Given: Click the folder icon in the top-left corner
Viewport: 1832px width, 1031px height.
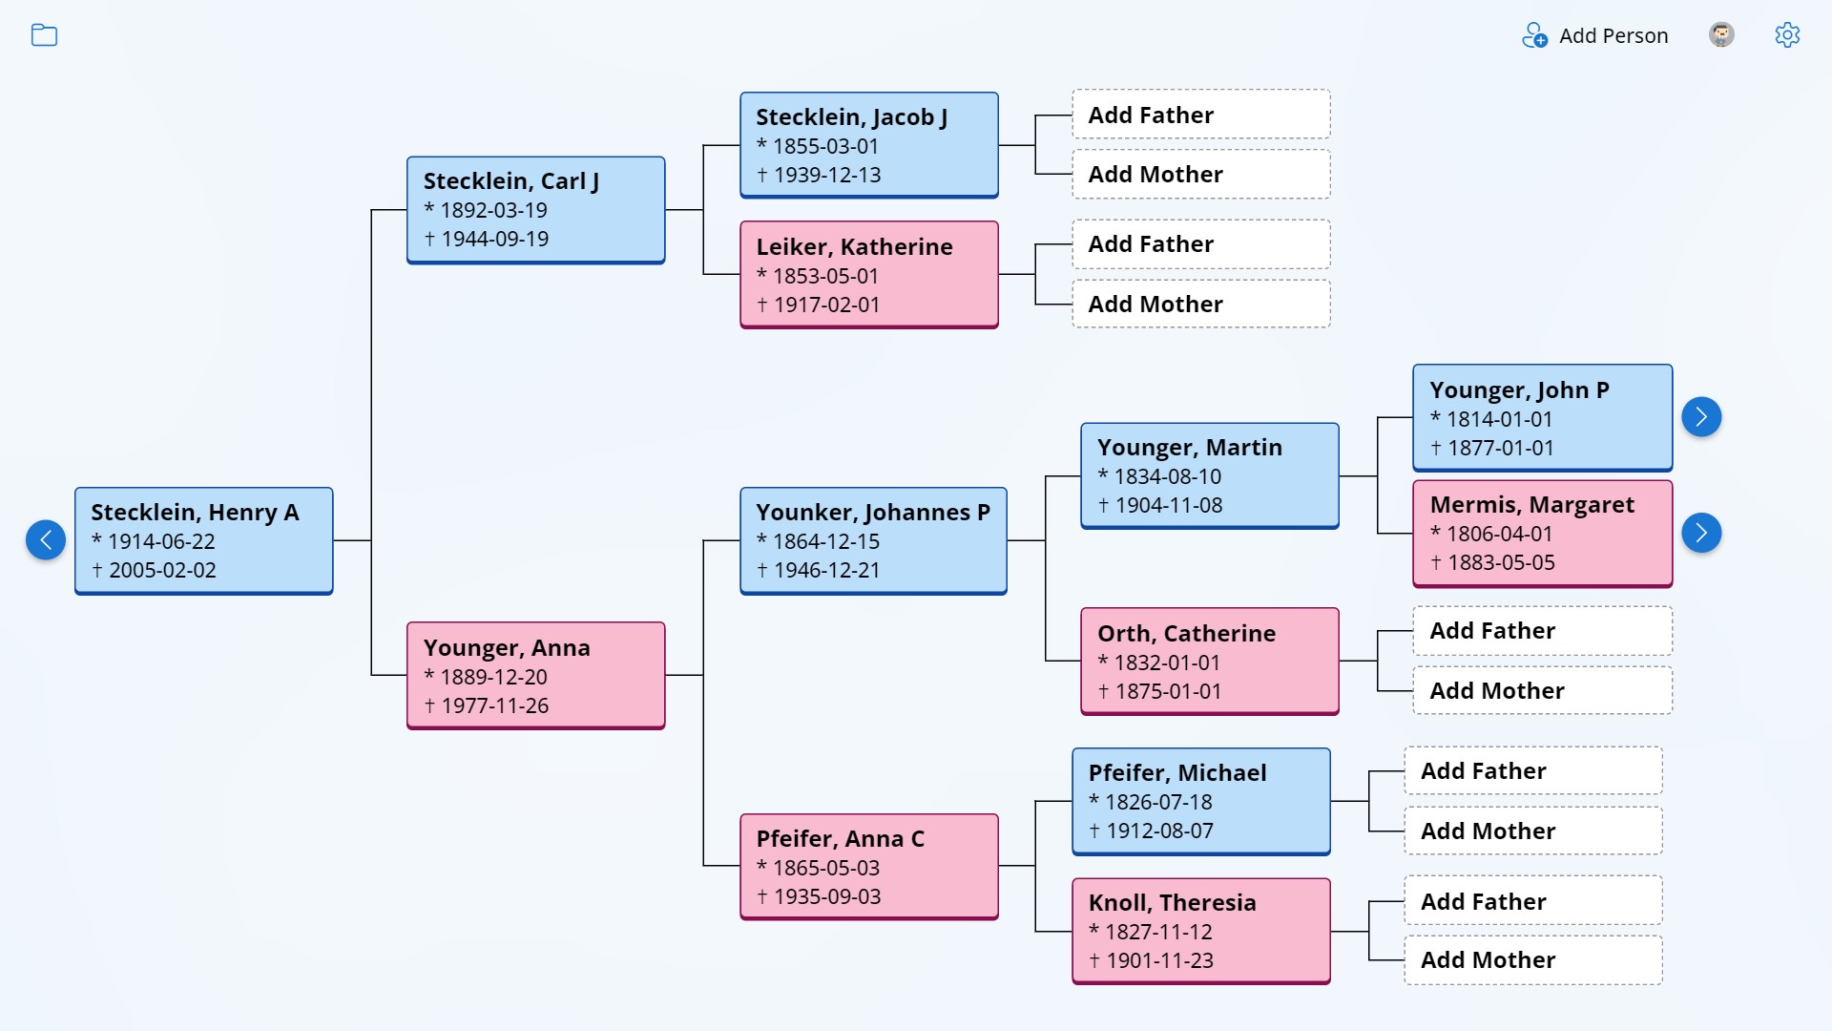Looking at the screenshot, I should (44, 35).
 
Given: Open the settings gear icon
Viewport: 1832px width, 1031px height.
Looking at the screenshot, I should (1787, 35).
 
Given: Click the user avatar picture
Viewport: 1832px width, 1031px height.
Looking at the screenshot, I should (1721, 35).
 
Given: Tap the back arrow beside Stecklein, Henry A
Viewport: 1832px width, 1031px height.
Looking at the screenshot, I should (46, 540).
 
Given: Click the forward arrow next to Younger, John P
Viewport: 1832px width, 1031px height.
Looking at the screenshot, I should (1701, 417).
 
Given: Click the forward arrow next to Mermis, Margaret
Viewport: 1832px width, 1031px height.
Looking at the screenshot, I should (1701, 533).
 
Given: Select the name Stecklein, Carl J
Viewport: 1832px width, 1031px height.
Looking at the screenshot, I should (510, 181).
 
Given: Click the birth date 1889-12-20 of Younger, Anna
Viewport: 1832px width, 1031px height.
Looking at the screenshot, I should (493, 677).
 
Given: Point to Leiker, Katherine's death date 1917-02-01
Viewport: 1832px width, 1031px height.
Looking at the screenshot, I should (826, 305).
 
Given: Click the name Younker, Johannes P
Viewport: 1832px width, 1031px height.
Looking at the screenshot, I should (872, 513).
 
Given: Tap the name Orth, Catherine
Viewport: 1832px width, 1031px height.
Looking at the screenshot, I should (1186, 634).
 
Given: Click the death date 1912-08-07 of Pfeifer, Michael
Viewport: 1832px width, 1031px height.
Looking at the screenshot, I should (1159, 831).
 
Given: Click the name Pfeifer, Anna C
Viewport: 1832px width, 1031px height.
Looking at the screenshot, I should (840, 839).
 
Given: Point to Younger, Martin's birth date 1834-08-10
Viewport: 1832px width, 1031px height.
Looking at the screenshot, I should (1167, 476).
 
